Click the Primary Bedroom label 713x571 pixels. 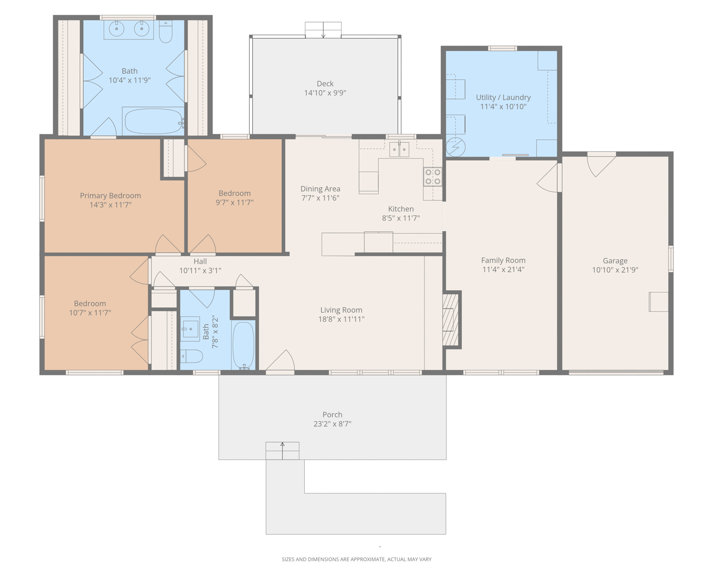click(x=110, y=196)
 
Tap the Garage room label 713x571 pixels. click(x=615, y=260)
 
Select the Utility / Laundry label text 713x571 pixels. click(x=503, y=97)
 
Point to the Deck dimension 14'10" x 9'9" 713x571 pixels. click(x=325, y=93)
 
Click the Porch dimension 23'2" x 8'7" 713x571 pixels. click(x=332, y=423)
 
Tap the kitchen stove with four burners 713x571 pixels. click(x=433, y=177)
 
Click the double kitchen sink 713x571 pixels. click(x=399, y=149)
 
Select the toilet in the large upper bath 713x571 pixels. click(x=166, y=32)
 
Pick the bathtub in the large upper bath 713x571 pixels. click(x=153, y=121)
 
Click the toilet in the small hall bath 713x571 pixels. click(x=192, y=356)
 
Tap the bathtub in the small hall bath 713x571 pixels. click(x=243, y=345)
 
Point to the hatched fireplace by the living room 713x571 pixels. click(x=451, y=320)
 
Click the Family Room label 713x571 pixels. click(x=503, y=260)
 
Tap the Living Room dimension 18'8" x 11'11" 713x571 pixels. click(x=341, y=319)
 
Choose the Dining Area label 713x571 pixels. click(x=320, y=189)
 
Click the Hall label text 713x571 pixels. click(x=200, y=261)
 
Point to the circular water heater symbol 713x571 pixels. click(x=455, y=147)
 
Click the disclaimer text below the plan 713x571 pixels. click(x=356, y=559)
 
